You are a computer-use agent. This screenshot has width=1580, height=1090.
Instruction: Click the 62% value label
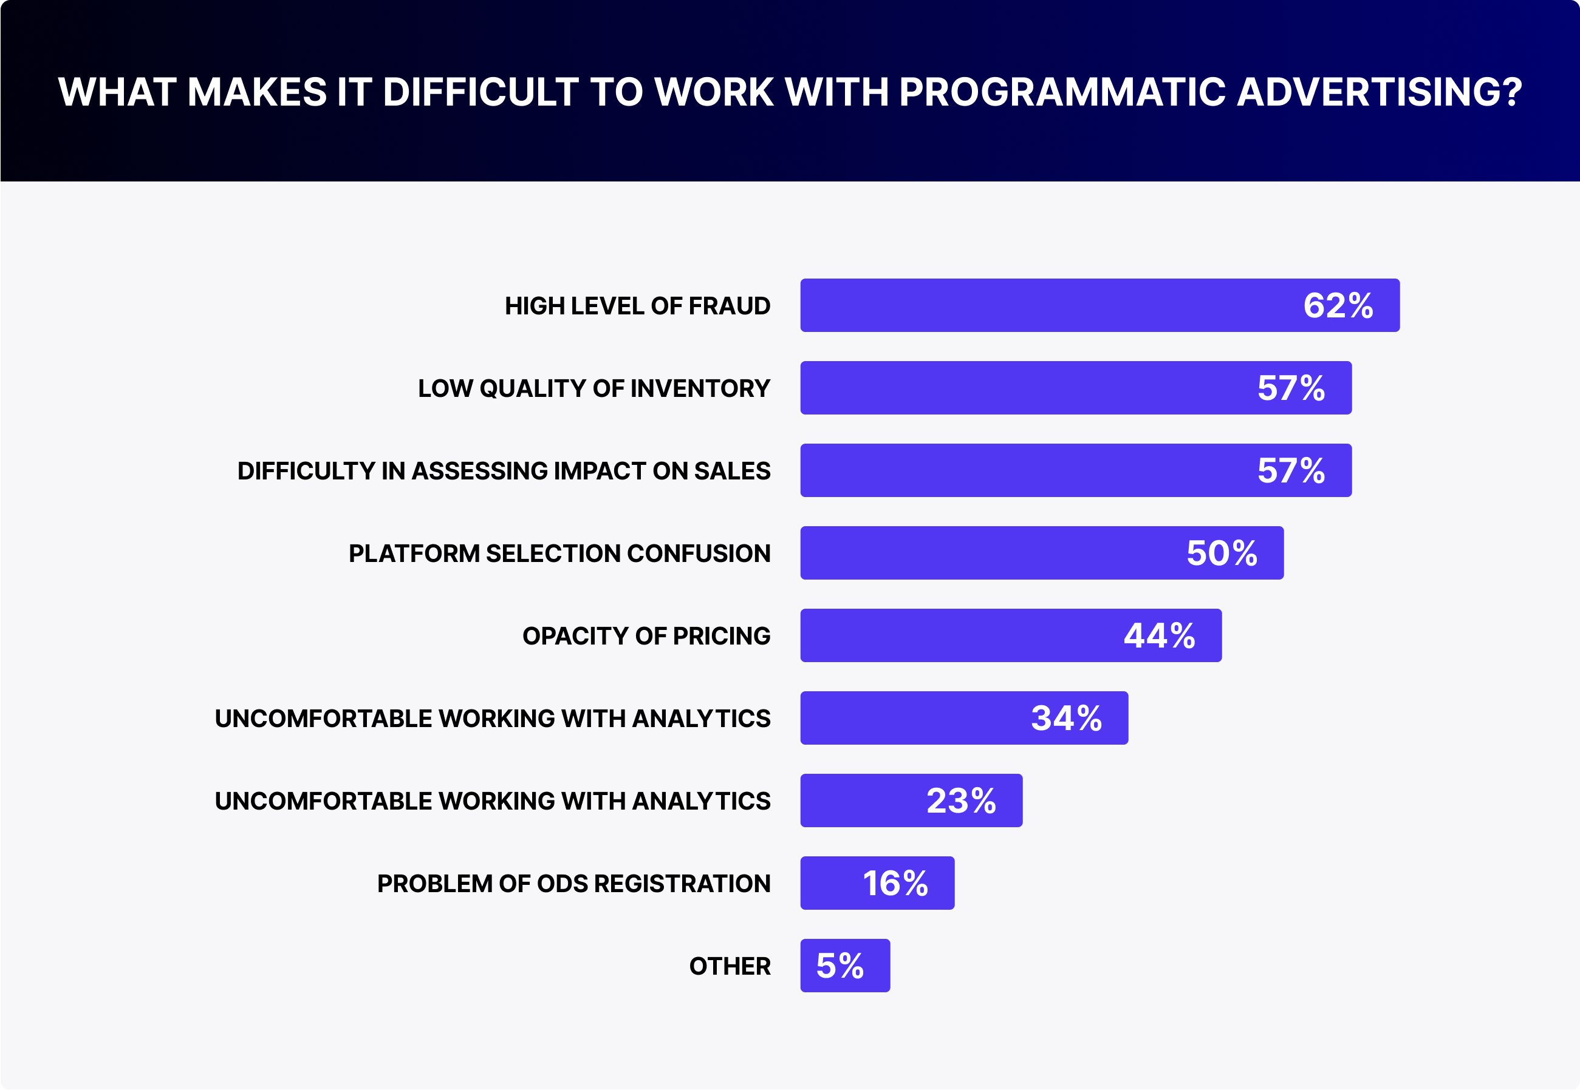(x=1338, y=305)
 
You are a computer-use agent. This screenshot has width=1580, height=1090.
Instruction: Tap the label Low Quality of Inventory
(x=593, y=388)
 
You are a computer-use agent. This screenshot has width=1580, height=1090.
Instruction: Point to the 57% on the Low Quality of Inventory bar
(x=1291, y=388)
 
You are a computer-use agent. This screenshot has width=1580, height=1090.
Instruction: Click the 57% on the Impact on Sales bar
(x=1291, y=470)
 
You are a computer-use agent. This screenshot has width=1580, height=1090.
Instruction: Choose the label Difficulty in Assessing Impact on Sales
(x=504, y=470)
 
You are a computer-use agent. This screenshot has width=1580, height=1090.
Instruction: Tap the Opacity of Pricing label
(x=646, y=636)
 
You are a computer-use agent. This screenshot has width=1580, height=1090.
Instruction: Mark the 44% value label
(x=1159, y=636)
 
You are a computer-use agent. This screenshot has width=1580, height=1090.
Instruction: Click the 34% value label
(x=1066, y=719)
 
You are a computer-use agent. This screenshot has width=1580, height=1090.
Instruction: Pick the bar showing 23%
(x=861, y=801)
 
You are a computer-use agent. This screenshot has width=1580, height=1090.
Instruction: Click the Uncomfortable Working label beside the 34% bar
(x=492, y=719)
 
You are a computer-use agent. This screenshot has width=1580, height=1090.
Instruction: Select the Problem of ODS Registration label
(x=573, y=883)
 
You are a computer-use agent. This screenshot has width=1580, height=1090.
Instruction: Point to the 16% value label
(x=895, y=883)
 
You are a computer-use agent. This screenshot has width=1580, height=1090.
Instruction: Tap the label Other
(x=729, y=966)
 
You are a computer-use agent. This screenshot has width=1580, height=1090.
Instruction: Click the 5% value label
(x=840, y=966)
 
